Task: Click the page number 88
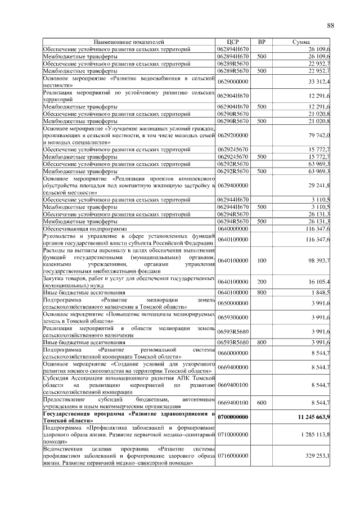330,25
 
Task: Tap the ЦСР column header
233,42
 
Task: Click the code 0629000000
233,82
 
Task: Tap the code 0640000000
233,229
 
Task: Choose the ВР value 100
261,260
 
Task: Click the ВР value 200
261,281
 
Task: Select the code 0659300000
233,317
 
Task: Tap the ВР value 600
261,403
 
